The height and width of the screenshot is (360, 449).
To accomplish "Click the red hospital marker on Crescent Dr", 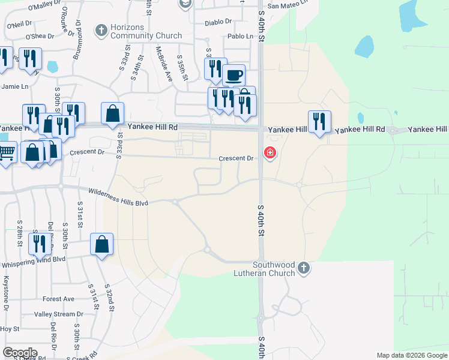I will [270, 154].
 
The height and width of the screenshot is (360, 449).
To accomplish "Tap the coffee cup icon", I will [234, 76].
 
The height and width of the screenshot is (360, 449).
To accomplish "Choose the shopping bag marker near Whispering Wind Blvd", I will [101, 244].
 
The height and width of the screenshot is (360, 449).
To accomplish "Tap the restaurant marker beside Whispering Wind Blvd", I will [39, 243].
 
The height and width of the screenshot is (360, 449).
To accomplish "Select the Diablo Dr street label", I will [218, 22].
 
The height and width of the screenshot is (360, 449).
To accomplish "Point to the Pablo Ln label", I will [240, 37].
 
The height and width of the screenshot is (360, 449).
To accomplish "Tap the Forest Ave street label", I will [58, 299].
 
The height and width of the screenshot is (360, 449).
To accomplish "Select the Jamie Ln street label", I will [15, 86].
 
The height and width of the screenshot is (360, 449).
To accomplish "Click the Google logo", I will [20, 352].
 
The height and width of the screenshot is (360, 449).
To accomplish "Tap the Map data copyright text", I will [412, 355].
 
